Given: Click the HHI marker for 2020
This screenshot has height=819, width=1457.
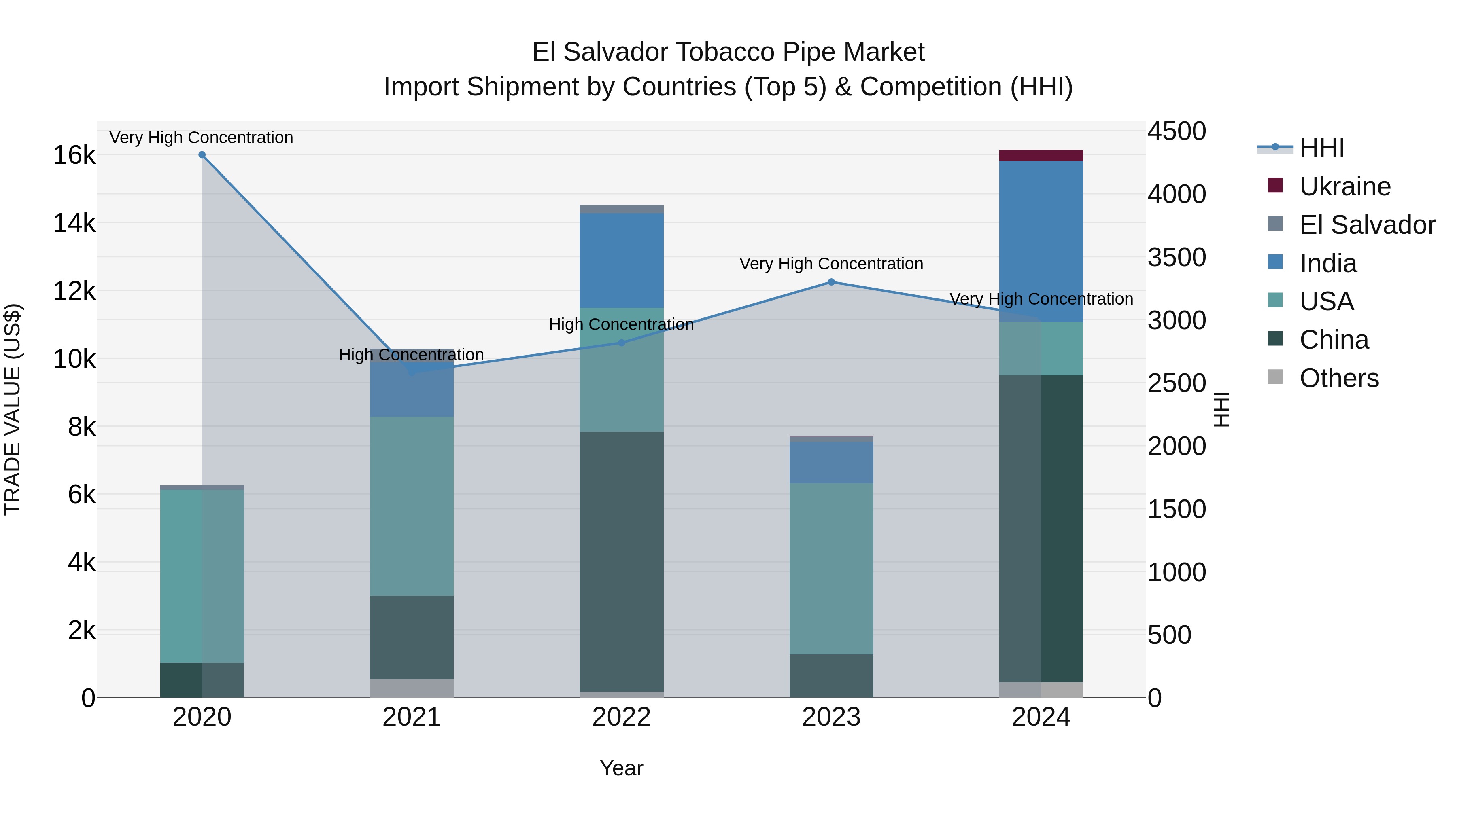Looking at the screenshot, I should pyautogui.click(x=202, y=155).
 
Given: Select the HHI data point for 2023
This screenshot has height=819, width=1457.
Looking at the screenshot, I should pyautogui.click(x=831, y=282).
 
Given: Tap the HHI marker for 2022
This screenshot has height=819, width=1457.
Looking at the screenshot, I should pyautogui.click(x=621, y=343).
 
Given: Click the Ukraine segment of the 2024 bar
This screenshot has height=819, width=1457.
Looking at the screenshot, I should pyautogui.click(x=1041, y=155).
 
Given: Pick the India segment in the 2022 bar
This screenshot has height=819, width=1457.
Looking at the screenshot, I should pyautogui.click(x=621, y=260).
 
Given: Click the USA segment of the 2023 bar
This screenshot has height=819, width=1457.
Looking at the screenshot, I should pyautogui.click(x=831, y=568).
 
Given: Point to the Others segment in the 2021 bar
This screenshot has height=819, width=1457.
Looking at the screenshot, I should pyautogui.click(x=411, y=688).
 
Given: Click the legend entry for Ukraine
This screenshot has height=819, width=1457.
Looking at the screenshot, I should pyautogui.click(x=1344, y=186).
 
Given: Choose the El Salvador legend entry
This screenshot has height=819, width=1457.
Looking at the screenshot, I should pyautogui.click(x=1366, y=225).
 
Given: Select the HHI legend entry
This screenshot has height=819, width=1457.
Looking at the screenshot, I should pyautogui.click(x=1321, y=148).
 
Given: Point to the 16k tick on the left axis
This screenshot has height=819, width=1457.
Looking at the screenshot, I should pyautogui.click(x=74, y=155).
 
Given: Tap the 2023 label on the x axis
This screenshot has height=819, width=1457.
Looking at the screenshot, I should pyautogui.click(x=831, y=717).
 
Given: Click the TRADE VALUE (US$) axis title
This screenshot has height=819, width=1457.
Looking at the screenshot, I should pyautogui.click(x=13, y=409).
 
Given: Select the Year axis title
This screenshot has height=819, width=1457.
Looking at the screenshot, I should pyautogui.click(x=621, y=768).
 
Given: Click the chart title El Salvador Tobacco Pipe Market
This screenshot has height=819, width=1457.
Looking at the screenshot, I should pyautogui.click(x=728, y=52).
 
